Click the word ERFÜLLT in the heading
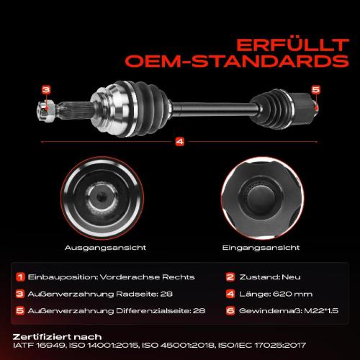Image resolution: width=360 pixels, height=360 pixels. point(292,45)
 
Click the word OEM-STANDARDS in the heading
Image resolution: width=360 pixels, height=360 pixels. point(237,61)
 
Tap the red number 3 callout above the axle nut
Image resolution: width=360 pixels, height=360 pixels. point(46,90)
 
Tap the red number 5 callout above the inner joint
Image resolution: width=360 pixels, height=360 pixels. point(316,89)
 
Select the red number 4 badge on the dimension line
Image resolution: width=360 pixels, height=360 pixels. point(180,141)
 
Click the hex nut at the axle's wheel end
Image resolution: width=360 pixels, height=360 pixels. point(46,110)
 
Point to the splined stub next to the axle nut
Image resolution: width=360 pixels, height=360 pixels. point(75,110)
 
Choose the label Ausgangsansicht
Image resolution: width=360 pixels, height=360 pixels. point(105,248)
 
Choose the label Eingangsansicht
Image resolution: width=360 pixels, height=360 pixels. point(261,248)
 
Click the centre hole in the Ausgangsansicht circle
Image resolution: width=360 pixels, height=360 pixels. point(101,197)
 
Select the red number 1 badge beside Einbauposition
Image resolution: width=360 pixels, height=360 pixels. point(20,276)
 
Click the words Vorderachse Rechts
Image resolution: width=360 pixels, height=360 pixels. point(147,277)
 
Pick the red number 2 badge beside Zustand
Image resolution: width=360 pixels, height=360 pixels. point(230,276)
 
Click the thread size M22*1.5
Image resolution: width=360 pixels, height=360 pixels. point(321,311)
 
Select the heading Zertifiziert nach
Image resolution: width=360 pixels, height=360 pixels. point(57,337)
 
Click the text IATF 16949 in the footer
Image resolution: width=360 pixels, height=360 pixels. point(39,346)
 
